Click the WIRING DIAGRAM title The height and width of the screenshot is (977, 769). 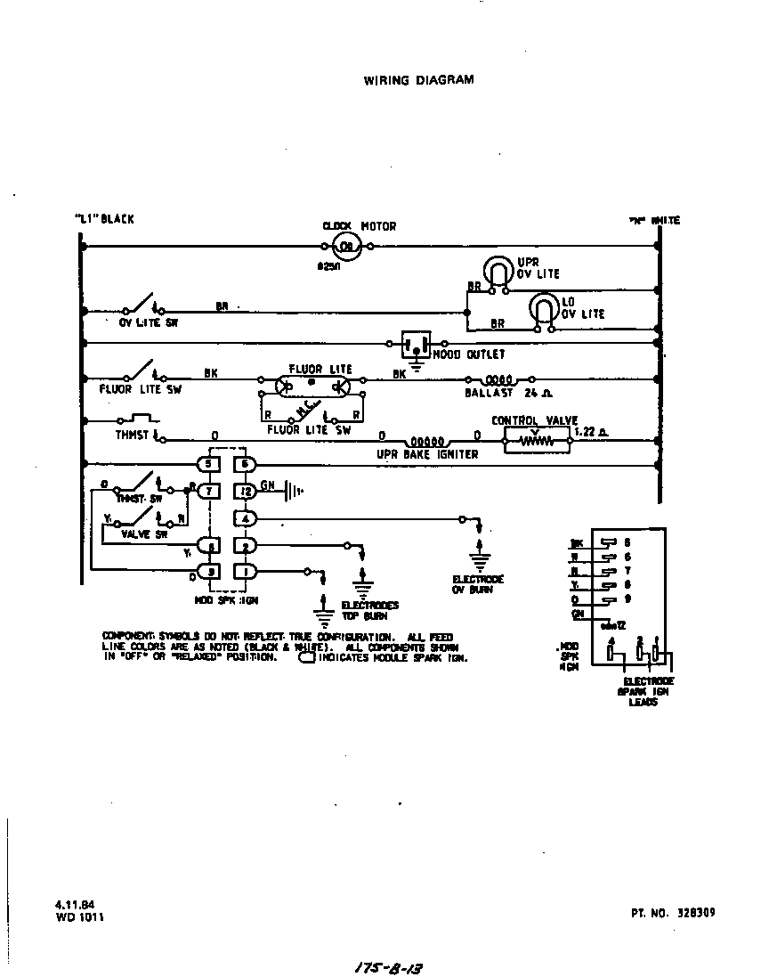[x=418, y=80]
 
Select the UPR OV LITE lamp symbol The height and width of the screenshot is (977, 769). [x=495, y=271]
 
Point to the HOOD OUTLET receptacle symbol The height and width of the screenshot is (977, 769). [x=416, y=344]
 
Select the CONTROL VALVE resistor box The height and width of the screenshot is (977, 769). [x=536, y=439]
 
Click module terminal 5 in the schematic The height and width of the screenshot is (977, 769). [x=207, y=464]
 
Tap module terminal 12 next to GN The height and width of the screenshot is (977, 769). [x=245, y=491]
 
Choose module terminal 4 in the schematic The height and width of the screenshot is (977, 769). [x=245, y=517]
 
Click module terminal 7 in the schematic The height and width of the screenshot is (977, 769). [x=207, y=491]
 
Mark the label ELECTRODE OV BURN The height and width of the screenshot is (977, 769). [x=479, y=583]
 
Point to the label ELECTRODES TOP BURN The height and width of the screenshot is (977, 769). [x=370, y=610]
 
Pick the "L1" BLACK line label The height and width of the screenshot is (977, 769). [x=104, y=220]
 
